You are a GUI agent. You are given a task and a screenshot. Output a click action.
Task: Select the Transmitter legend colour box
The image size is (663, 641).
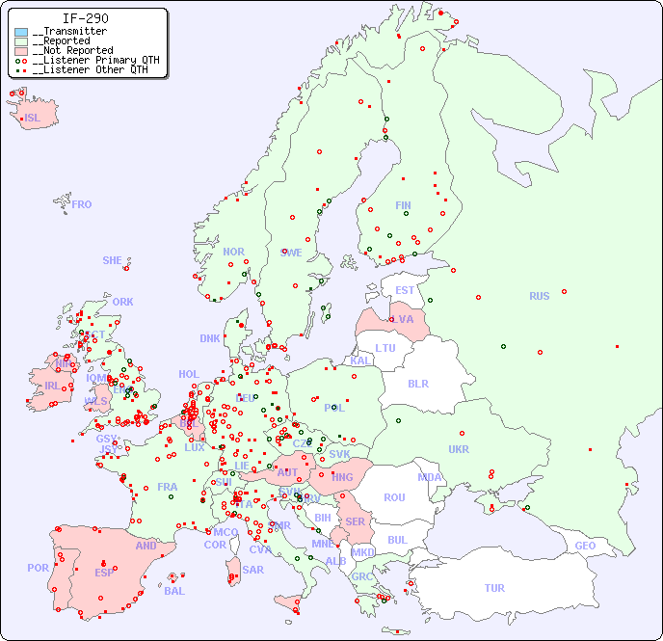(21, 32)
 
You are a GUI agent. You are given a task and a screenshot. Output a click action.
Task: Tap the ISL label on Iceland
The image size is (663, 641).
(33, 119)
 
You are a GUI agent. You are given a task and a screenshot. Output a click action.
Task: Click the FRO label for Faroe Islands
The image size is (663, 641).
(82, 204)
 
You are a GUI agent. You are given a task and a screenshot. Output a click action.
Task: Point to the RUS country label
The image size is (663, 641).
(539, 296)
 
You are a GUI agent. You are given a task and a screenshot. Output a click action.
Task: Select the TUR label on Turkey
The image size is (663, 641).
(494, 588)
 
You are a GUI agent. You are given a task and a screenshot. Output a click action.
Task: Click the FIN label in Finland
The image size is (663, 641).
(403, 205)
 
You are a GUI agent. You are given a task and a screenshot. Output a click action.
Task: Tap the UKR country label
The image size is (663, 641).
(459, 449)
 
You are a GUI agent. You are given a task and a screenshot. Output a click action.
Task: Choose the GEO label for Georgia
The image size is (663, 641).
(585, 546)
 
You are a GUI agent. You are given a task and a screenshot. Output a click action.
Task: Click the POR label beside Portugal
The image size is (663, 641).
(38, 568)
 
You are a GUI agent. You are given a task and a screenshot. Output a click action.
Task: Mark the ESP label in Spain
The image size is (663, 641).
(104, 572)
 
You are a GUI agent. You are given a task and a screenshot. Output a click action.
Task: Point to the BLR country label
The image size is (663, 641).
(417, 383)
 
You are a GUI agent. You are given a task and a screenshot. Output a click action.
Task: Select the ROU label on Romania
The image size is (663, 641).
(394, 497)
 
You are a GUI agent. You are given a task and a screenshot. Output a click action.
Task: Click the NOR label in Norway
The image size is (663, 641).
(233, 252)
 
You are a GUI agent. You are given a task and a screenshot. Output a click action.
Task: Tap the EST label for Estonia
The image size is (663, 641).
(405, 290)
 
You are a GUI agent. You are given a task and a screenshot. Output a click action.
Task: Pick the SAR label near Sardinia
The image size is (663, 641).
(253, 570)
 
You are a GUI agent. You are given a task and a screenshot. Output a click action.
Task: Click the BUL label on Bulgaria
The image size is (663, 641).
(397, 540)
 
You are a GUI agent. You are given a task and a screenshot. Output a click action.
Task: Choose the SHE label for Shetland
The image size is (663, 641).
(112, 260)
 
